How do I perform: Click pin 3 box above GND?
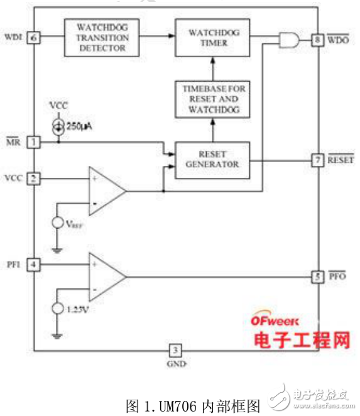coord(177,350)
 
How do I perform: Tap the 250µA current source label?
coord(80,128)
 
